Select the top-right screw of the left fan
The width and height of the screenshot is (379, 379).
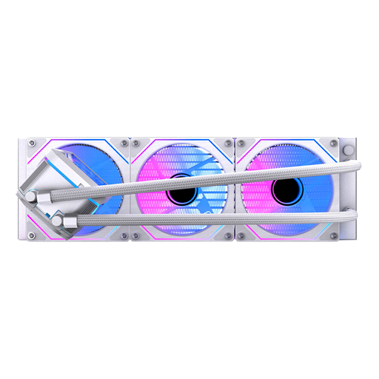pos(123,141)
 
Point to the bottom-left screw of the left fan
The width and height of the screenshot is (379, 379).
pos(32,236)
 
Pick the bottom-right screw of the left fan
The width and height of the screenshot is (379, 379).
pos(123,236)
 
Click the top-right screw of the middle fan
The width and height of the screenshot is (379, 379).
pos(228,141)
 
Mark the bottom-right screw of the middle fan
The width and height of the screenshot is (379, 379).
pos(228,236)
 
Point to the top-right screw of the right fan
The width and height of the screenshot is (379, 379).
pos(334,141)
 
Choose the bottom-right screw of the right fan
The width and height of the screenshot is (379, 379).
pos(334,236)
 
